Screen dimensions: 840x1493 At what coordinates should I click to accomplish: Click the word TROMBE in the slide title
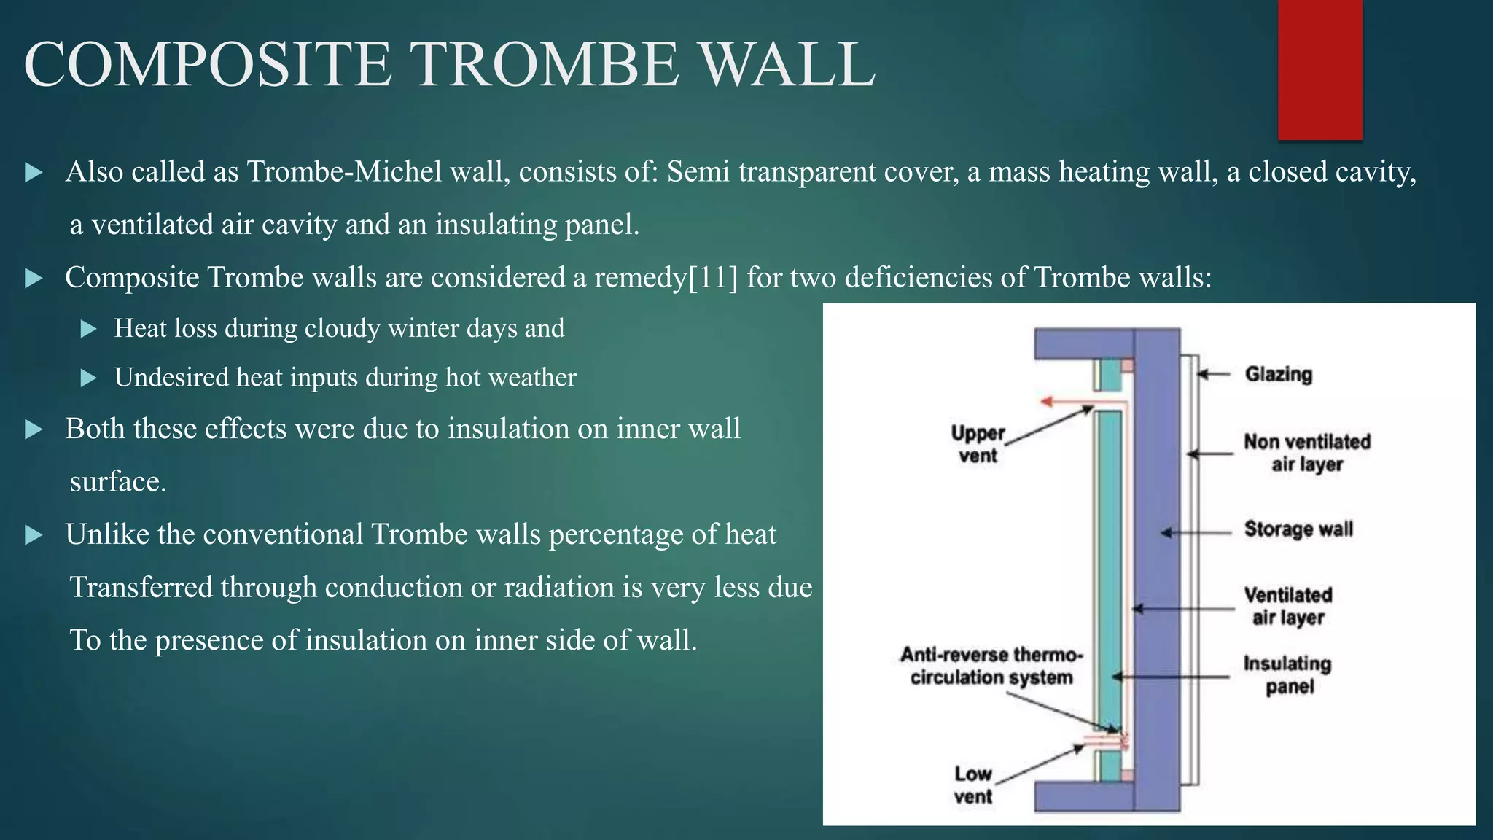pyautogui.click(x=546, y=66)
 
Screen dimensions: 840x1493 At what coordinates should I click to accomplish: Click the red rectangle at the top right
pyautogui.click(x=1319, y=69)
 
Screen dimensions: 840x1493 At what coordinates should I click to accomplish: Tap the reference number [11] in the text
pyautogui.click(x=713, y=278)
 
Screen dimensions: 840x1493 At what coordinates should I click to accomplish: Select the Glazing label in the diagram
pyautogui.click(x=1278, y=375)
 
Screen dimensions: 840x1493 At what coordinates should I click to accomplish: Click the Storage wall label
pyautogui.click(x=1298, y=529)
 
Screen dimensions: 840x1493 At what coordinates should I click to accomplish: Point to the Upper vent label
pyautogui.click(x=978, y=444)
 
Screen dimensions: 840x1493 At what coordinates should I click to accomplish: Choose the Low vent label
pyautogui.click(x=973, y=785)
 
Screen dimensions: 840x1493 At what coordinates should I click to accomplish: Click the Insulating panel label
pyautogui.click(x=1287, y=675)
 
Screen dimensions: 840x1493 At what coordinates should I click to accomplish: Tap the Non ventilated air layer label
pyautogui.click(x=1306, y=453)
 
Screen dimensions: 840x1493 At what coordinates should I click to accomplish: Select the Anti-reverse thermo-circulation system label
pyautogui.click(x=991, y=666)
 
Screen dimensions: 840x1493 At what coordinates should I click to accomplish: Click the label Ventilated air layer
pyautogui.click(x=1288, y=606)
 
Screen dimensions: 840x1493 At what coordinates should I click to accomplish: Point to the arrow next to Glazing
pyautogui.click(x=1213, y=375)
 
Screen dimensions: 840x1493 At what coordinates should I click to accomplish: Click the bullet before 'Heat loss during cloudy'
pyautogui.click(x=88, y=329)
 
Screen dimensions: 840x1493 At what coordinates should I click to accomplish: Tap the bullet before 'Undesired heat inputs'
pyautogui.click(x=88, y=378)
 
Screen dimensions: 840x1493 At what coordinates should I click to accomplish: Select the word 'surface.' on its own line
pyautogui.click(x=118, y=482)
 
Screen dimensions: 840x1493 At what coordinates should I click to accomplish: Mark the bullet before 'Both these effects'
pyautogui.click(x=34, y=429)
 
